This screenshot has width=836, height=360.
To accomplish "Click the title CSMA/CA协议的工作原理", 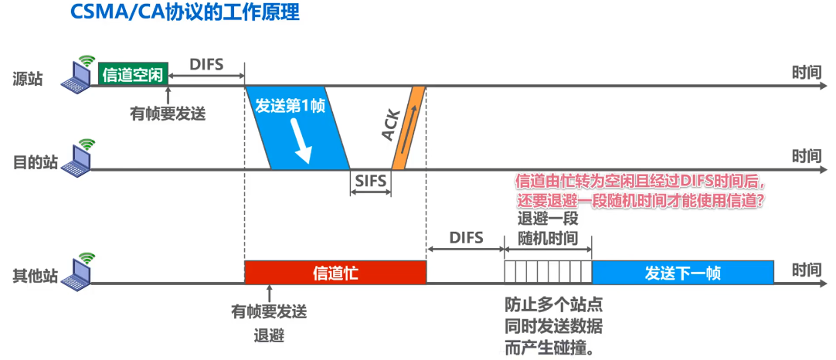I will pyautogui.click(x=185, y=14).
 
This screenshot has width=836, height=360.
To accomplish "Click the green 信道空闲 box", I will pyautogui.click(x=132, y=74).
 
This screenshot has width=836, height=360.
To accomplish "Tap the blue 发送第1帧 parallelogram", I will pyautogui.click(x=297, y=127).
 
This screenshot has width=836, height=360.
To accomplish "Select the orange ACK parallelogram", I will pyautogui.click(x=408, y=127).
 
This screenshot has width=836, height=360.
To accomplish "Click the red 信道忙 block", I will pyautogui.click(x=335, y=273).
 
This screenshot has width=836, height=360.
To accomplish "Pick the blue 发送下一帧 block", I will pyautogui.click(x=683, y=273).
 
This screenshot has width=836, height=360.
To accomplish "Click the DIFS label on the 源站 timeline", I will pyautogui.click(x=206, y=65).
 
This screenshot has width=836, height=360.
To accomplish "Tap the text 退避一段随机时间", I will pyautogui.click(x=548, y=227).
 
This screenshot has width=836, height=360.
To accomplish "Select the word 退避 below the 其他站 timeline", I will pyautogui.click(x=269, y=336).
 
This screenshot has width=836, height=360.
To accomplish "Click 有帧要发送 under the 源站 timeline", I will pyautogui.click(x=168, y=114).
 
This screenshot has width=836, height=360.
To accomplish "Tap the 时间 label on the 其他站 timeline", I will pyautogui.click(x=807, y=270).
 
